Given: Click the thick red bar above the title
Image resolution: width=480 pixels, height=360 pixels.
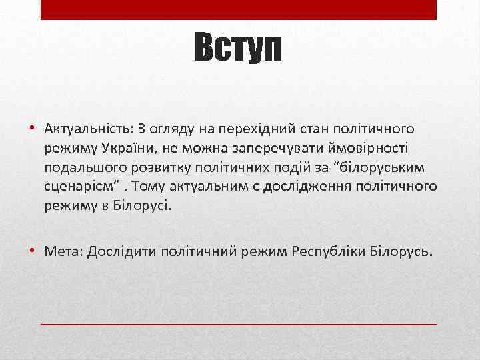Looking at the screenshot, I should [x=239, y=9].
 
